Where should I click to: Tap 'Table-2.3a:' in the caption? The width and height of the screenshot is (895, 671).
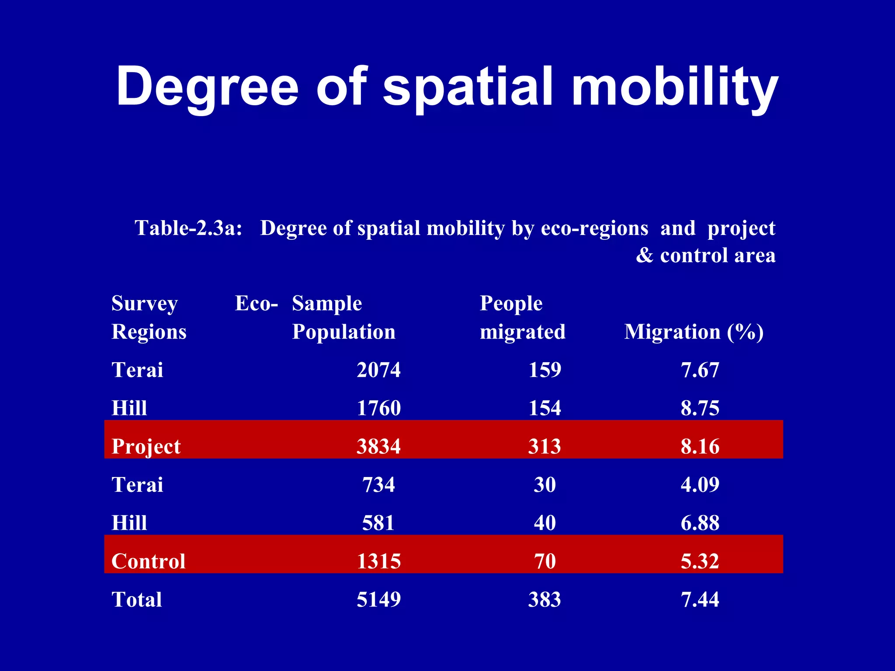[188, 228]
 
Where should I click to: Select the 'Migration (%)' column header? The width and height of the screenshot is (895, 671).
[694, 332]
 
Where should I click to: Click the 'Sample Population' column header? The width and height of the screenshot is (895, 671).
[343, 318]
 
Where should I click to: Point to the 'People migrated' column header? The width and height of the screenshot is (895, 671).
[522, 318]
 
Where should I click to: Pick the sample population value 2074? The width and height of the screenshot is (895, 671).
[378, 370]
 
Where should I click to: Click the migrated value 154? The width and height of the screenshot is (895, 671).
[545, 408]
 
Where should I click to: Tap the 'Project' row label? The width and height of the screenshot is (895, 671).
[146, 446]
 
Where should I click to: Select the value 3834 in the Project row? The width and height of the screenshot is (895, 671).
[378, 446]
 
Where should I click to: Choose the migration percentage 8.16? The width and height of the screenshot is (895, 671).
[700, 446]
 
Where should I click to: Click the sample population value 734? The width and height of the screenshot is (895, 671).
[378, 485]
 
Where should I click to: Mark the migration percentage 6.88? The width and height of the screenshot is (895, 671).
[700, 523]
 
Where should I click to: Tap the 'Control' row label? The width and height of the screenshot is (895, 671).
[149, 561]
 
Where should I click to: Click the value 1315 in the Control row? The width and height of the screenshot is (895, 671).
[378, 561]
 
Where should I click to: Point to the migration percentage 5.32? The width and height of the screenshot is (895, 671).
[700, 561]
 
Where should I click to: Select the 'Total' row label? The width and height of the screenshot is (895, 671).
[137, 599]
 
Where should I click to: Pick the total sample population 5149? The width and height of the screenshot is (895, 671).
[378, 599]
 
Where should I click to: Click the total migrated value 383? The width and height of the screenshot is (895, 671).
[545, 599]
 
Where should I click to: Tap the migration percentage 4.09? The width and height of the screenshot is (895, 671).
[700, 485]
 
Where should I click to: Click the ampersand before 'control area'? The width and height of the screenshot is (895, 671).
[645, 256]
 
